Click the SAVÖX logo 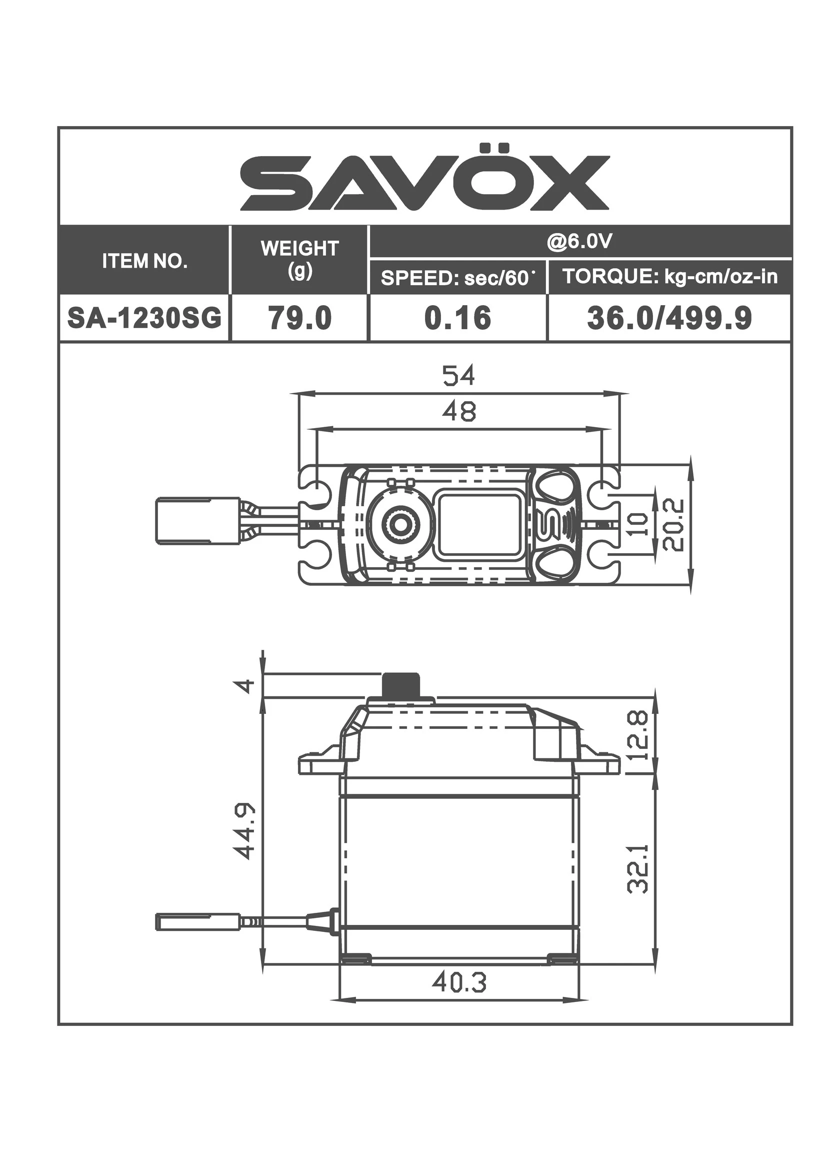tap(424, 178)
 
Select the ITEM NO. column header tap(145, 262)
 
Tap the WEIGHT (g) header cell tap(299, 260)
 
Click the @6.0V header tap(579, 242)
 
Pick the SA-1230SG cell tap(145, 319)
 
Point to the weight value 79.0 tap(300, 319)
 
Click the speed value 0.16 tap(458, 319)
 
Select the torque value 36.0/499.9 tap(669, 319)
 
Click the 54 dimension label tap(458, 376)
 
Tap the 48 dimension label tap(458, 411)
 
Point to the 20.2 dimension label tap(675, 525)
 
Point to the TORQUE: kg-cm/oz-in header tap(669, 277)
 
